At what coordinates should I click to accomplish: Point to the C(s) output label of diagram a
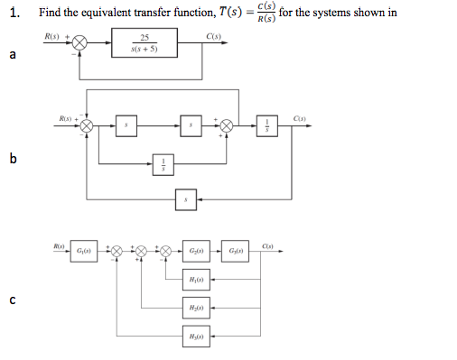click(x=213, y=36)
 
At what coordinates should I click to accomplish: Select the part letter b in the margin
click(x=12, y=160)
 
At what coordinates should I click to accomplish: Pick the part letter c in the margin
click(x=12, y=300)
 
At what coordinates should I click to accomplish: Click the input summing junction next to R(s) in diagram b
click(x=88, y=126)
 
